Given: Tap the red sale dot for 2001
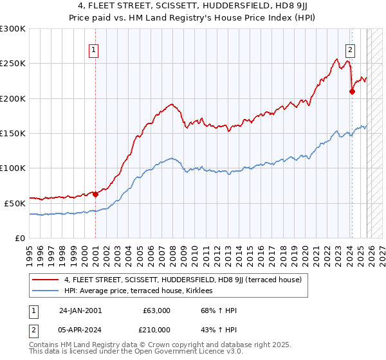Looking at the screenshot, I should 95,194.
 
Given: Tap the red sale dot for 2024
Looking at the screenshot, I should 352,91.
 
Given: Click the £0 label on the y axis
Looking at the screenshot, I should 19,238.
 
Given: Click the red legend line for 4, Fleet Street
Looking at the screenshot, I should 46,280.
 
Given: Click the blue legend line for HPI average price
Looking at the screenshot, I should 46,291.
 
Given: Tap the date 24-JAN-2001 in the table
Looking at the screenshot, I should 80,310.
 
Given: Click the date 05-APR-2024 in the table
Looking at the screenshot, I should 80,329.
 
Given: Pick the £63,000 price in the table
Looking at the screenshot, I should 154,310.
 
